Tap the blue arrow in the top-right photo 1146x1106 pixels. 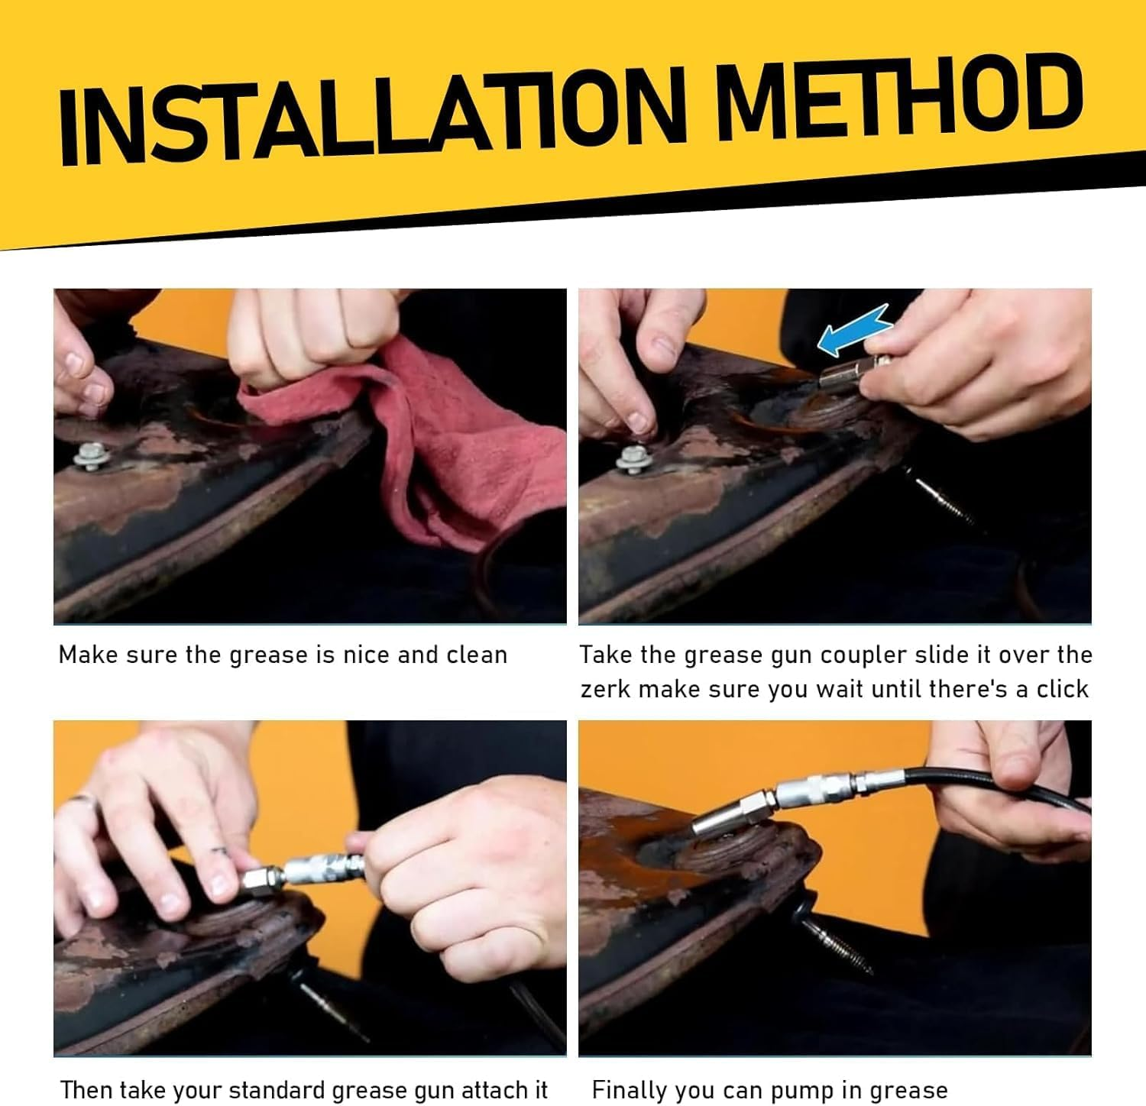point(854,330)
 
